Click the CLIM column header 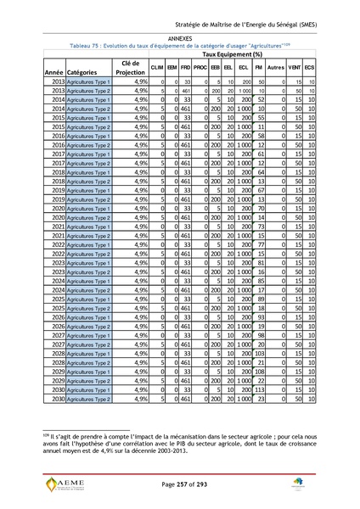coord(157,66)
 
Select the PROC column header coord(200,66)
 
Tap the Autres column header coord(274,66)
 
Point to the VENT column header coord(295,66)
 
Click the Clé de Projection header coord(131,67)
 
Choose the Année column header coord(53,73)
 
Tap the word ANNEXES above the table coord(180,39)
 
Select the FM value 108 coord(260,372)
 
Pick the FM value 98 coord(261,336)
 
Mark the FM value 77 coord(261,243)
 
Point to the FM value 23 coord(261,398)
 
